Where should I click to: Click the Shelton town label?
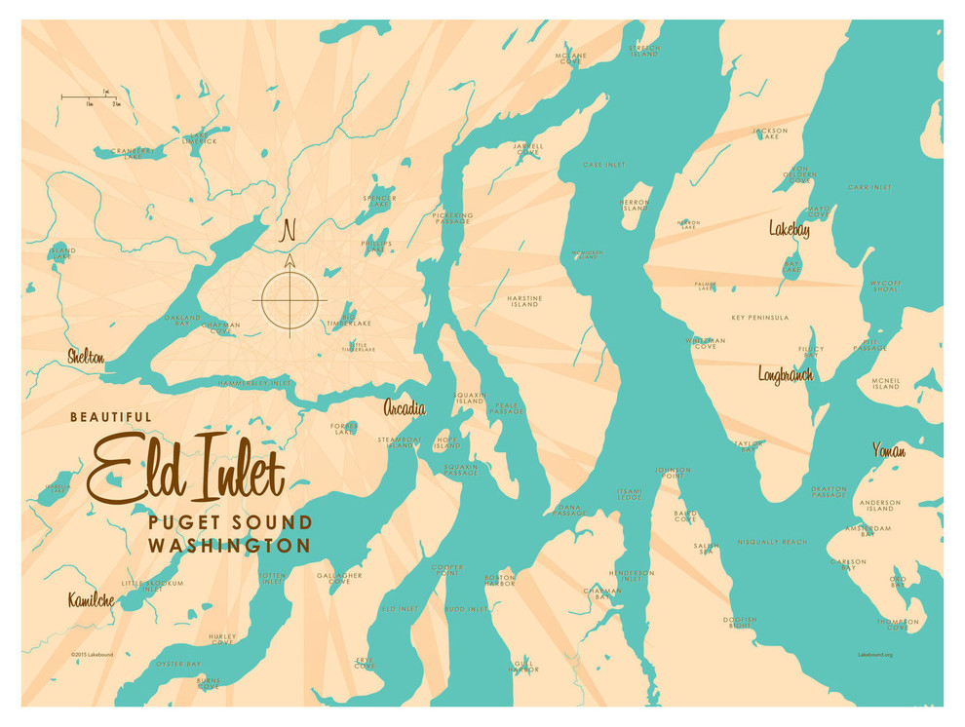[x=86, y=357]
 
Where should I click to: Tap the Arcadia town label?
[x=404, y=407]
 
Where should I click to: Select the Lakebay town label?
[x=789, y=230]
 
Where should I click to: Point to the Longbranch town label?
[x=786, y=374]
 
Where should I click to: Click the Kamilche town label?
[x=91, y=600]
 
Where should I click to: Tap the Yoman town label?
[x=888, y=450]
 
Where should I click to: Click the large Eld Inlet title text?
[x=187, y=471]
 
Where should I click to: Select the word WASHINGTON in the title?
[x=229, y=546]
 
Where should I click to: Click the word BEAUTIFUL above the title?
[x=110, y=417]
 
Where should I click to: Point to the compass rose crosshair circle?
[x=289, y=299]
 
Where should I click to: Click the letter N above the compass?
[x=288, y=232]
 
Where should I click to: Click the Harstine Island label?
[x=523, y=301]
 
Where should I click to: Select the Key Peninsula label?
[x=759, y=318]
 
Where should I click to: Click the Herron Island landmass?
[x=636, y=206]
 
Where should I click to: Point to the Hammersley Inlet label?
[x=255, y=383]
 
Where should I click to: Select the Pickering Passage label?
[x=452, y=218]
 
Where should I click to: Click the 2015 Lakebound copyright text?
[x=93, y=655]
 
